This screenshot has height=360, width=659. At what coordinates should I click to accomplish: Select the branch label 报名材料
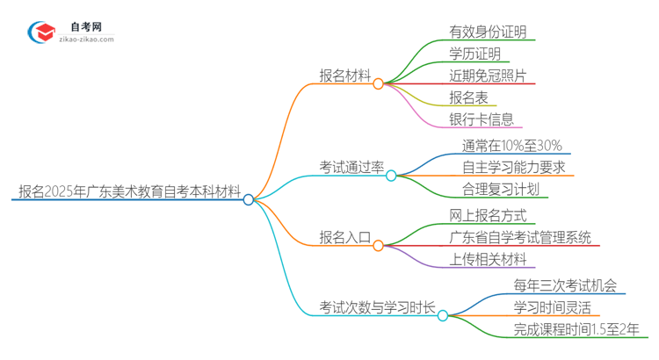(344, 76)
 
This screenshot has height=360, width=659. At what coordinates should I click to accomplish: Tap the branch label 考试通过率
(351, 167)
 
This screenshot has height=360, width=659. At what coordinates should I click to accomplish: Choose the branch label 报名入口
(344, 237)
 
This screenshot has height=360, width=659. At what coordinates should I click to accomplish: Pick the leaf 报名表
(467, 97)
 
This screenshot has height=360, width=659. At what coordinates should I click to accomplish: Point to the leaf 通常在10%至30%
(511, 146)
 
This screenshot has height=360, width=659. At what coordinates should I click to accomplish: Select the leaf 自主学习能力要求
(513, 167)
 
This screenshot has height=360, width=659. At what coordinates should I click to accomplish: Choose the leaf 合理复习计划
(500, 189)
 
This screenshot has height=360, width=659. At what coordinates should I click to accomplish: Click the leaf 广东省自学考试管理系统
(519, 237)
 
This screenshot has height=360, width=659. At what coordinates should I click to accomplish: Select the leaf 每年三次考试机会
(564, 284)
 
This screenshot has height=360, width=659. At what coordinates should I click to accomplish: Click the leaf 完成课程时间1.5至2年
(576, 328)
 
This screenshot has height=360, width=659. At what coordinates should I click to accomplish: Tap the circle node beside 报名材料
(378, 83)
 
